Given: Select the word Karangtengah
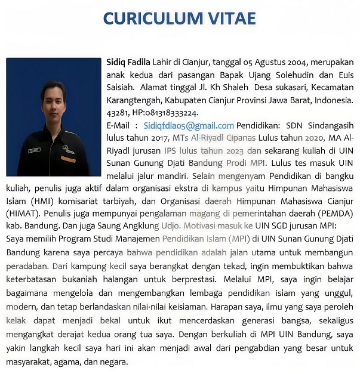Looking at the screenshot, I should point(135,100).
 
